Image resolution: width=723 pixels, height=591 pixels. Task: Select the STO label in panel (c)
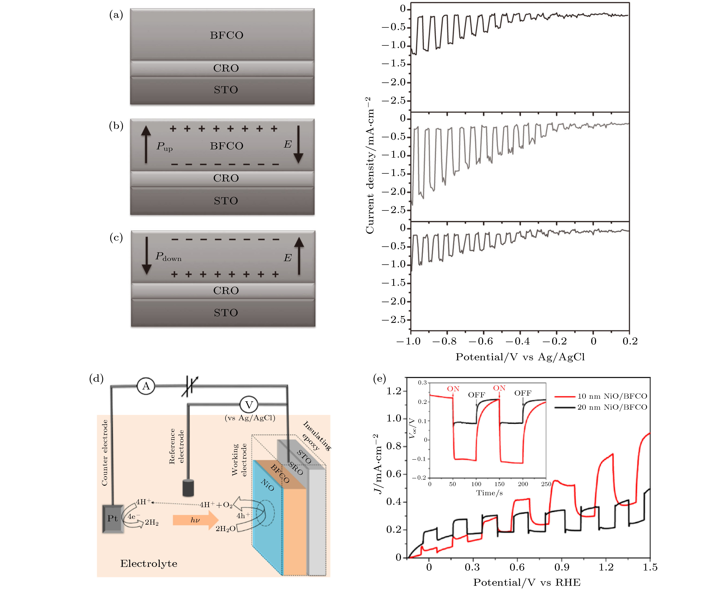click(x=226, y=313)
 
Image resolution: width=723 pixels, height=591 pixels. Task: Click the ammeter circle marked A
click(x=146, y=386)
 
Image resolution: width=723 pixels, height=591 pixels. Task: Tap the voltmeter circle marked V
click(x=249, y=405)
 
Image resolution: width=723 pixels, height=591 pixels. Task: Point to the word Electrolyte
click(x=149, y=564)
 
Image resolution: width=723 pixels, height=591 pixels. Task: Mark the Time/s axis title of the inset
click(x=489, y=493)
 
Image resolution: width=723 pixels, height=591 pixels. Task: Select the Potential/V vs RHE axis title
click(x=527, y=583)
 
